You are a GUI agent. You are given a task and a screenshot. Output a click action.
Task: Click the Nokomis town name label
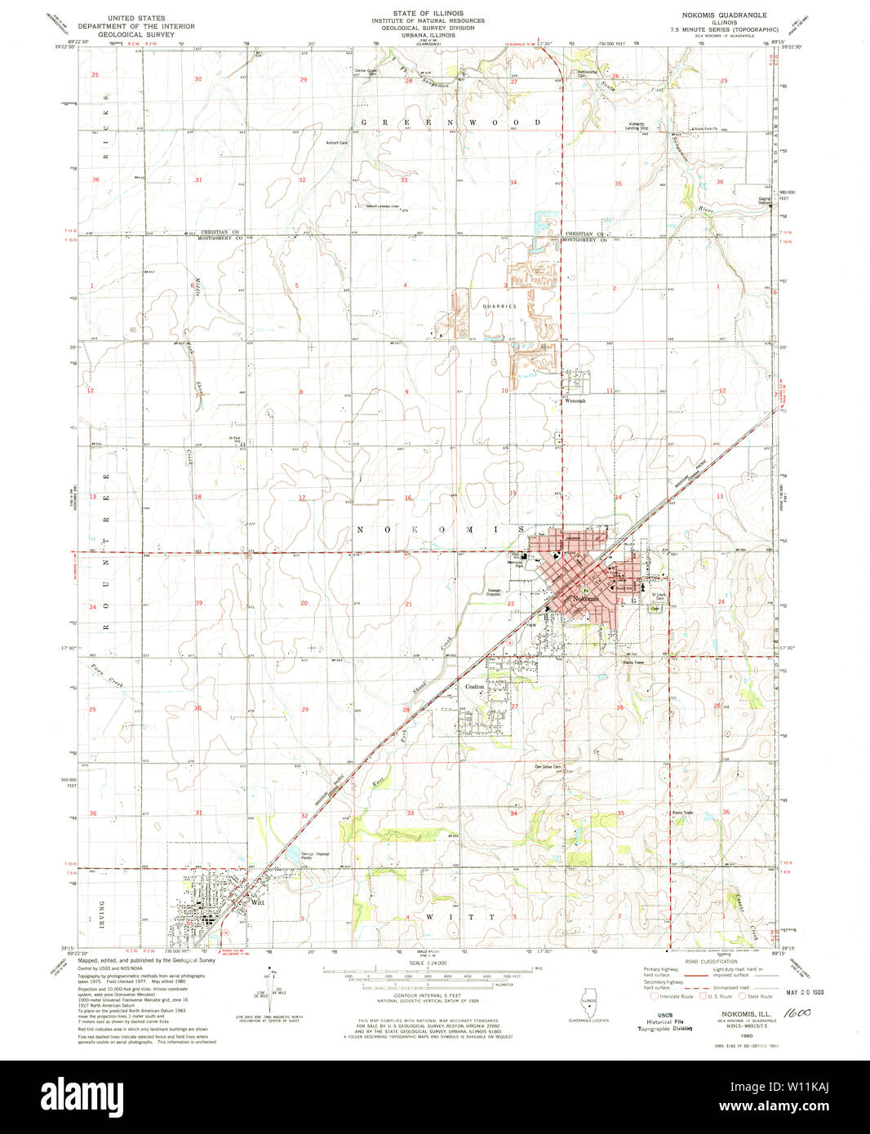click(585, 599)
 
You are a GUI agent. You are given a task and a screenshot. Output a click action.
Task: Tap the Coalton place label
click(474, 687)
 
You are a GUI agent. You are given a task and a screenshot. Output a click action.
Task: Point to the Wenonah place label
click(575, 401)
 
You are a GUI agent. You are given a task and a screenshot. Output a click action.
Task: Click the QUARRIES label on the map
click(499, 306)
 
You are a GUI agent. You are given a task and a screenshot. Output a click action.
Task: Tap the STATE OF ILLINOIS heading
click(428, 14)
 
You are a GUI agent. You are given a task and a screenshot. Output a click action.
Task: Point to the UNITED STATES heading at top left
click(136, 18)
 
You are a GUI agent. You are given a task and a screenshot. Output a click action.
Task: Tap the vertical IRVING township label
click(103, 911)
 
